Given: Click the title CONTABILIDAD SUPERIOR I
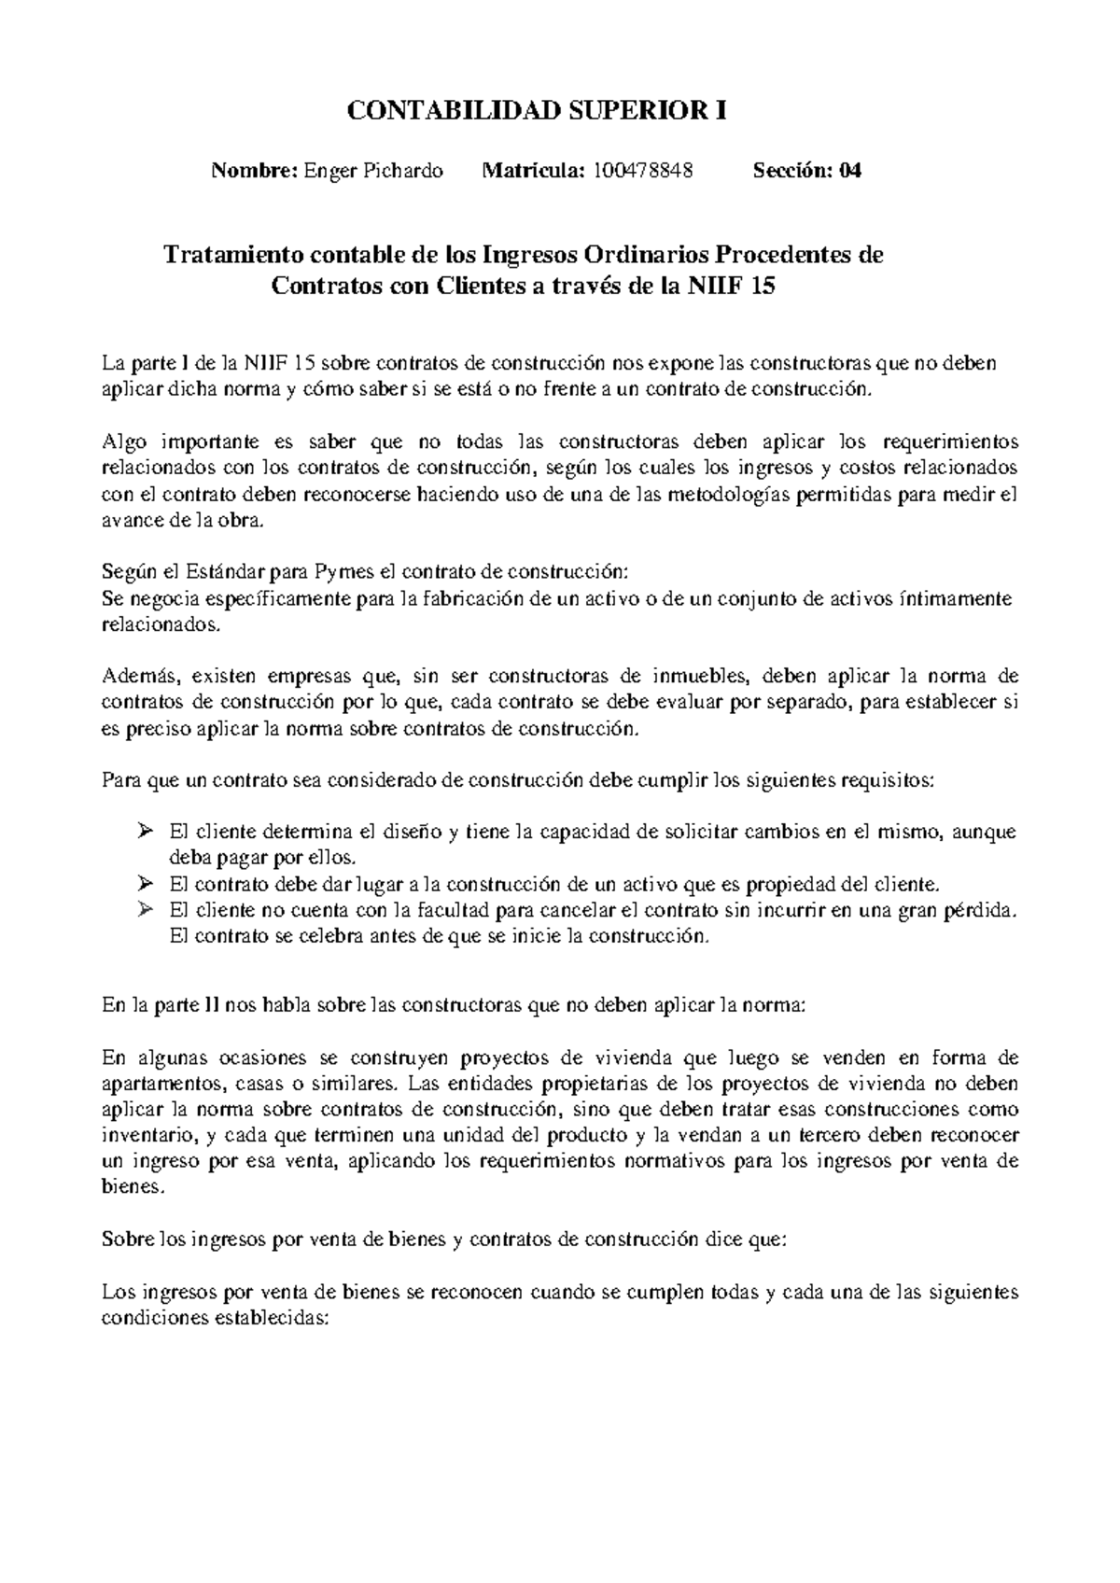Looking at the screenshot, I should [537, 112].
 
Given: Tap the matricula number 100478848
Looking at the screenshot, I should [643, 171].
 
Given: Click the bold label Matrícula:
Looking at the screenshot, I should [533, 171].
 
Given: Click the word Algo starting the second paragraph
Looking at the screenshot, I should [122, 441].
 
